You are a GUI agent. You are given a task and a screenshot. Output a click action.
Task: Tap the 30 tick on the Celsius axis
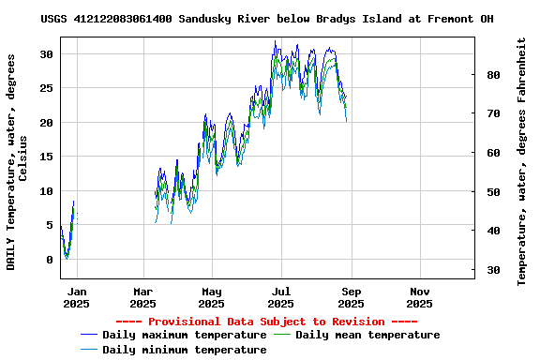[x=47, y=54]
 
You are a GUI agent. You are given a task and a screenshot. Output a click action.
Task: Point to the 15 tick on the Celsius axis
[x=47, y=157]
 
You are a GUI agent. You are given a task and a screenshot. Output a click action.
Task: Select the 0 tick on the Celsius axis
[x=51, y=260]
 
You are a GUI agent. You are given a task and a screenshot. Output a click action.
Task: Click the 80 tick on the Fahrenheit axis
[x=493, y=74]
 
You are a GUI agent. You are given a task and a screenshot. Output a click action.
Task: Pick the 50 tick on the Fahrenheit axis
[x=493, y=191]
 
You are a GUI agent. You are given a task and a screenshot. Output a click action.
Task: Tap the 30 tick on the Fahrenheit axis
[x=493, y=270]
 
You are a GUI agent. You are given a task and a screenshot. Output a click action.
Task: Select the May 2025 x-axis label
[x=212, y=297]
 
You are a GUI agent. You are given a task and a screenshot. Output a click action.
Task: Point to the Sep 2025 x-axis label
[x=351, y=297]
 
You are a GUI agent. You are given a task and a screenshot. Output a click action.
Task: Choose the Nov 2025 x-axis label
[x=419, y=297]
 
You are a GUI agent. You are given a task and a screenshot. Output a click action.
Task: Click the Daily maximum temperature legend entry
[x=184, y=335]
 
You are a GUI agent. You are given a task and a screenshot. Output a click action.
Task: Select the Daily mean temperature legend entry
[x=367, y=335]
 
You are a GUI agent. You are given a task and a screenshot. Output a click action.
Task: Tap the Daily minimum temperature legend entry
[x=184, y=350]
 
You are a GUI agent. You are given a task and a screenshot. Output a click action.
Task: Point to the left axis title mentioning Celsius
[x=17, y=161]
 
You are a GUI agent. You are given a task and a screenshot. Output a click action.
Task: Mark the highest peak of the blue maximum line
[x=275, y=41]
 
